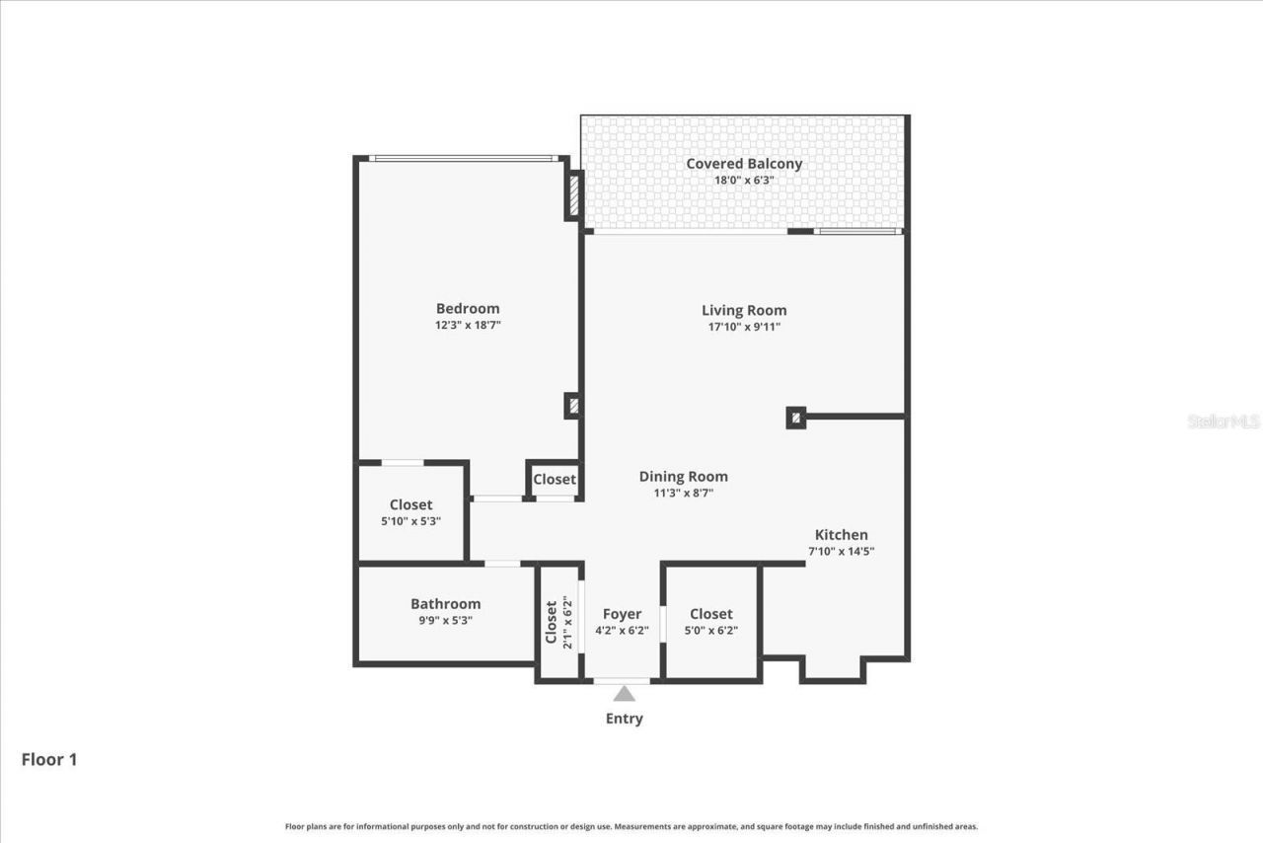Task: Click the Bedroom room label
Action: (x=468, y=308)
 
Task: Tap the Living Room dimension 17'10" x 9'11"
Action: (x=743, y=327)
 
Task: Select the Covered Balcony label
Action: (x=744, y=164)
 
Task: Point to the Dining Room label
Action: (x=683, y=476)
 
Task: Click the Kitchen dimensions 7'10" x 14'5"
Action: (x=842, y=552)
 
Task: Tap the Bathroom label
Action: (x=446, y=604)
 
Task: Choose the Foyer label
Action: (x=622, y=614)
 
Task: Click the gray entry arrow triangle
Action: (x=624, y=694)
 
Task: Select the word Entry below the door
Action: (x=624, y=719)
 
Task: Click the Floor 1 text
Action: (x=49, y=759)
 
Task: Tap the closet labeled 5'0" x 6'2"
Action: (x=711, y=622)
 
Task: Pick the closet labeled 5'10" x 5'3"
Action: (x=410, y=512)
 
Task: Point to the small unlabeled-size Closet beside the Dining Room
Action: (x=555, y=479)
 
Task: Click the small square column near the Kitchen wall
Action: (x=795, y=418)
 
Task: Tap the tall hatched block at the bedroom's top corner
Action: (x=573, y=193)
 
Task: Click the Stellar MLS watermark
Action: (x=1224, y=421)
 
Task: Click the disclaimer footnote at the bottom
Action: (x=631, y=826)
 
